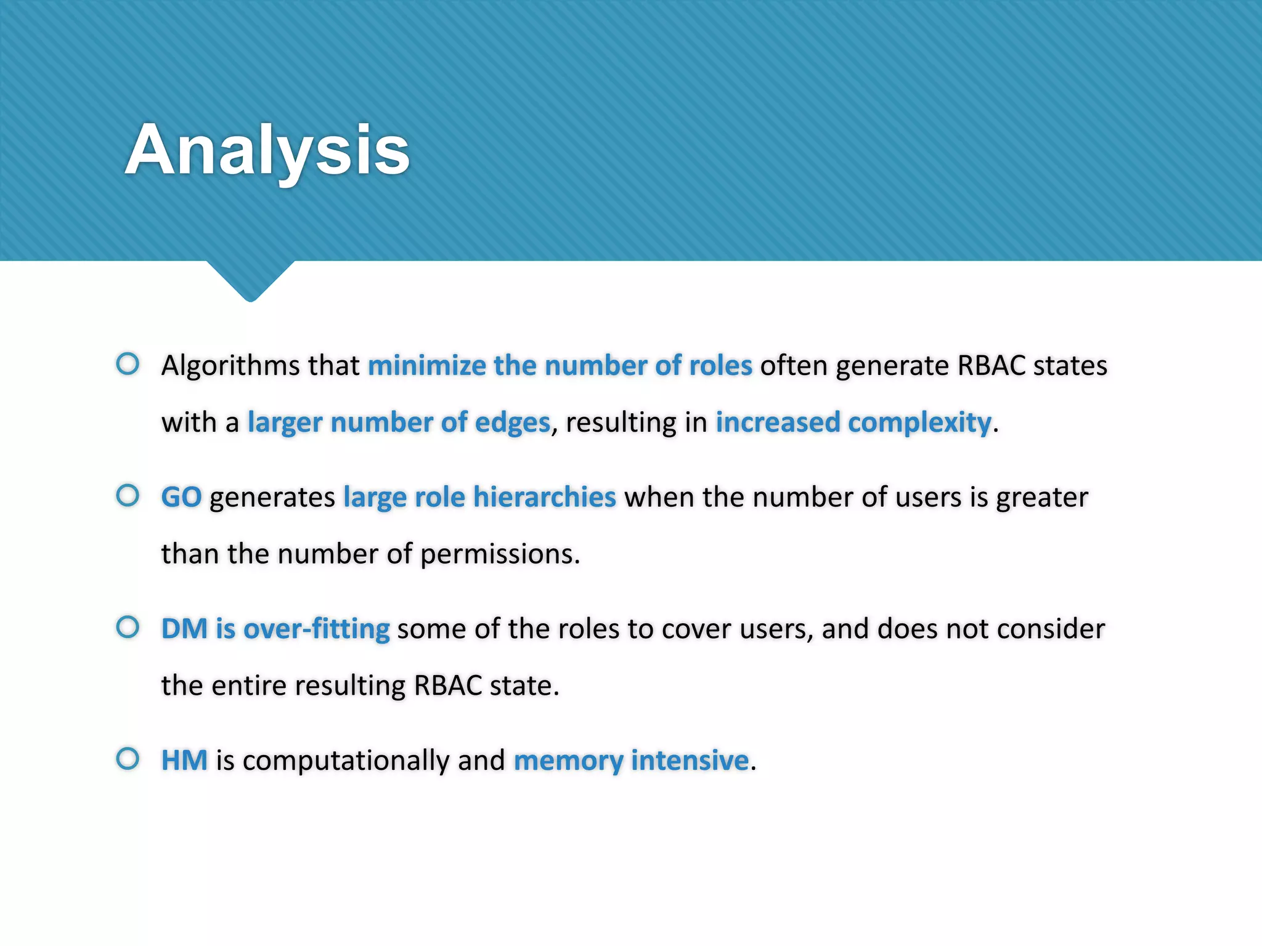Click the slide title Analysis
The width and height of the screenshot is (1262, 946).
(267, 150)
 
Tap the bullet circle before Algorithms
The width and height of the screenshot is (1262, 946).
(128, 363)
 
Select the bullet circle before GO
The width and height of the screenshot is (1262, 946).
(128, 495)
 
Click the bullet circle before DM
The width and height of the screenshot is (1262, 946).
(128, 628)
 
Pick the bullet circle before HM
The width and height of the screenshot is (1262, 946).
(128, 759)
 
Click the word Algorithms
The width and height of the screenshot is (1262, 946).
(230, 366)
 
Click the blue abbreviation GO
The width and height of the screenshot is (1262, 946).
(181, 497)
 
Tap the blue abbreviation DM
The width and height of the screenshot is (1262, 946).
(184, 629)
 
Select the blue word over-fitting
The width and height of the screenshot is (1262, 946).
(316, 629)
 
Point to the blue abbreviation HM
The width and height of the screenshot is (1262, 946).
(184, 760)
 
